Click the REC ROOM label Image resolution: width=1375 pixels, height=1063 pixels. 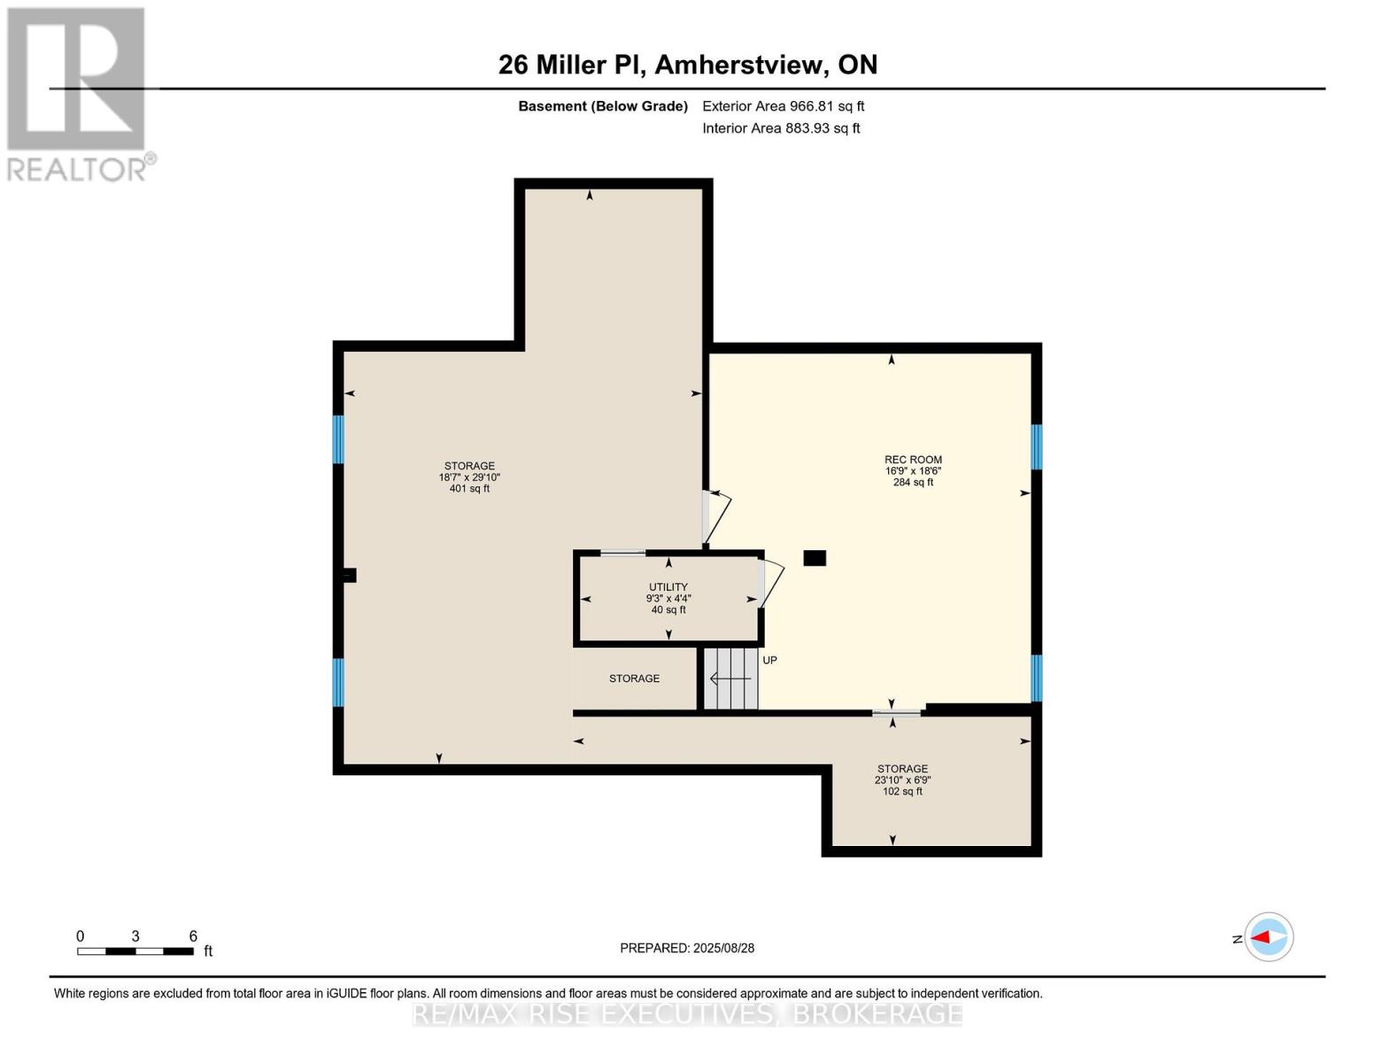[x=913, y=460]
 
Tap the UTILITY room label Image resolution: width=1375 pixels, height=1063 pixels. [x=668, y=587]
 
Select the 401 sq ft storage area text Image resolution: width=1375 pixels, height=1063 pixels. [x=469, y=488]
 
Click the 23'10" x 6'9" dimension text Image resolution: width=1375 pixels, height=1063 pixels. [x=902, y=780]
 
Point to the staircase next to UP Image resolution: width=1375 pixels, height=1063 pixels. [x=731, y=679]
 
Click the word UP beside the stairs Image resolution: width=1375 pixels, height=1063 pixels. [x=769, y=661]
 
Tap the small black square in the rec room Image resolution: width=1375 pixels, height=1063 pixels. [x=815, y=558]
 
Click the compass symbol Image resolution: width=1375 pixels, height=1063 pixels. [x=1268, y=937]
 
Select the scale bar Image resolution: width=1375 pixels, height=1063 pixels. [x=135, y=951]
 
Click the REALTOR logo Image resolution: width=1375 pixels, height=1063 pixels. [x=78, y=93]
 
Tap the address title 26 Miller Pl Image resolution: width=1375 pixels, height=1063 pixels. [x=687, y=65]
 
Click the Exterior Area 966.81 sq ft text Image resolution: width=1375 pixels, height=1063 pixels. [x=783, y=106]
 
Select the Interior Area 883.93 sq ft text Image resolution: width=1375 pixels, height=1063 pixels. [x=781, y=128]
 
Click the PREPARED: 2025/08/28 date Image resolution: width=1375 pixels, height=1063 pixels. [x=687, y=948]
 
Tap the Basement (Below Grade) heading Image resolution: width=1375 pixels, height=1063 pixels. [x=602, y=106]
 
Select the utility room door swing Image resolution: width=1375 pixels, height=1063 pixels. [x=771, y=583]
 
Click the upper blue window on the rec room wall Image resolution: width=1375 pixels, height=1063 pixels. [x=1036, y=446]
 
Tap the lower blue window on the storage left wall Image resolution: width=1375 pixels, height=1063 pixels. [x=338, y=682]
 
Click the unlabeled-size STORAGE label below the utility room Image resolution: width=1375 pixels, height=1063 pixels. [x=634, y=679]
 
